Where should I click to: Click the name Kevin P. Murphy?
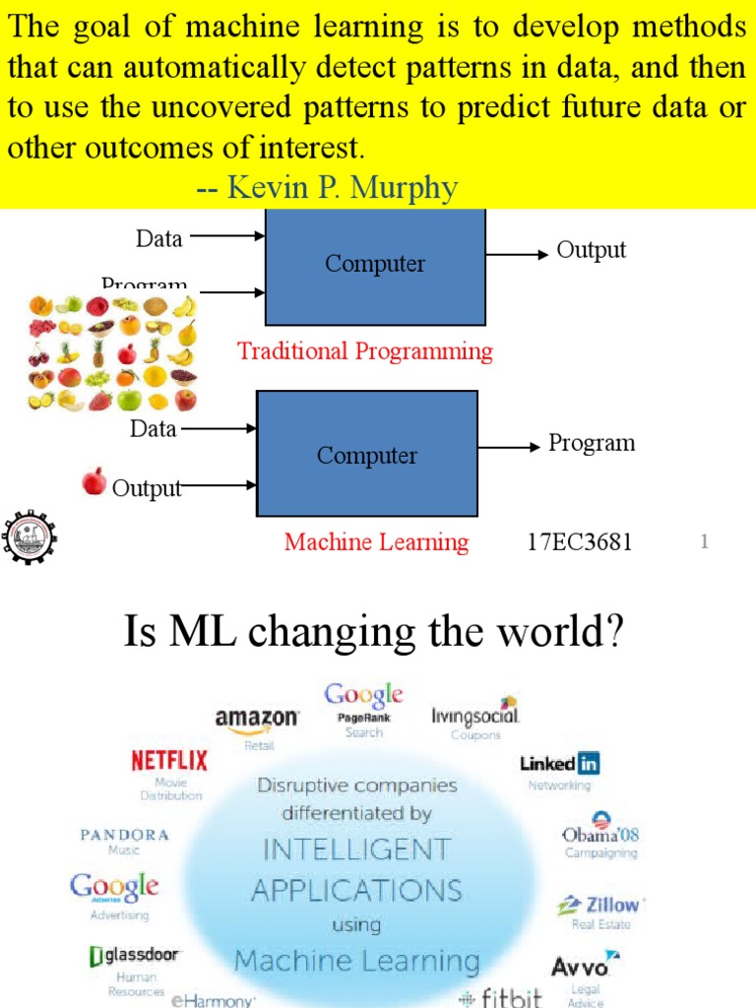(x=343, y=187)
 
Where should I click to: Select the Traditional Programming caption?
(x=365, y=351)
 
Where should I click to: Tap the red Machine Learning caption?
(x=376, y=542)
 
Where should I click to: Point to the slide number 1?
(x=705, y=541)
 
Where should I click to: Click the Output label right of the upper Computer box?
(x=592, y=250)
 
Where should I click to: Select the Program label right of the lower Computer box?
(x=592, y=443)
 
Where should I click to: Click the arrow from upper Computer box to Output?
(x=517, y=255)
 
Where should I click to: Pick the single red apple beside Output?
(x=94, y=481)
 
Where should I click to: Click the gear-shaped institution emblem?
(x=29, y=537)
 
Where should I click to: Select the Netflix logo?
(x=169, y=760)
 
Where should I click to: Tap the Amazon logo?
(x=257, y=720)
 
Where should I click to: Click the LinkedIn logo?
(x=559, y=763)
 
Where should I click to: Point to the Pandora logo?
(x=125, y=835)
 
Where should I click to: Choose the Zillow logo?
(x=599, y=905)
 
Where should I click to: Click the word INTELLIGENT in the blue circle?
(x=351, y=849)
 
